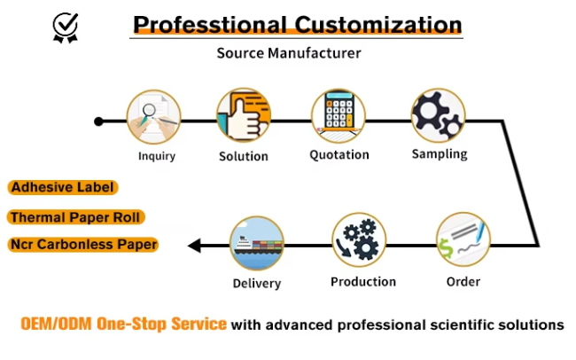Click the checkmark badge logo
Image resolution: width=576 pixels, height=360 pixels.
click(65, 28)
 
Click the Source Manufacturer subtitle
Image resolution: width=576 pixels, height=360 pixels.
click(289, 53)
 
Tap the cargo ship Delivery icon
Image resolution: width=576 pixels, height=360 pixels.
click(257, 243)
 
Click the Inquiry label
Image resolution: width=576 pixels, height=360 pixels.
click(157, 156)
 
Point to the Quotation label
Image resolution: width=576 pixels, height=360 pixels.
click(339, 155)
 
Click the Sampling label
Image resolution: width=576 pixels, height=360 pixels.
click(440, 154)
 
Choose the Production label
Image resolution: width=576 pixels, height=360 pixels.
click(363, 282)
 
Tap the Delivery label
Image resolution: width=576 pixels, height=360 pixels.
click(257, 284)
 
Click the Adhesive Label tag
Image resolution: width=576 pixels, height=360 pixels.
click(64, 188)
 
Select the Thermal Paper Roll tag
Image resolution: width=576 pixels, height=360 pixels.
click(76, 217)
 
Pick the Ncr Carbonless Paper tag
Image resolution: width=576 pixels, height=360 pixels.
click(84, 245)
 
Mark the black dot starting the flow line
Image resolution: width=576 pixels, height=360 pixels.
click(98, 121)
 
